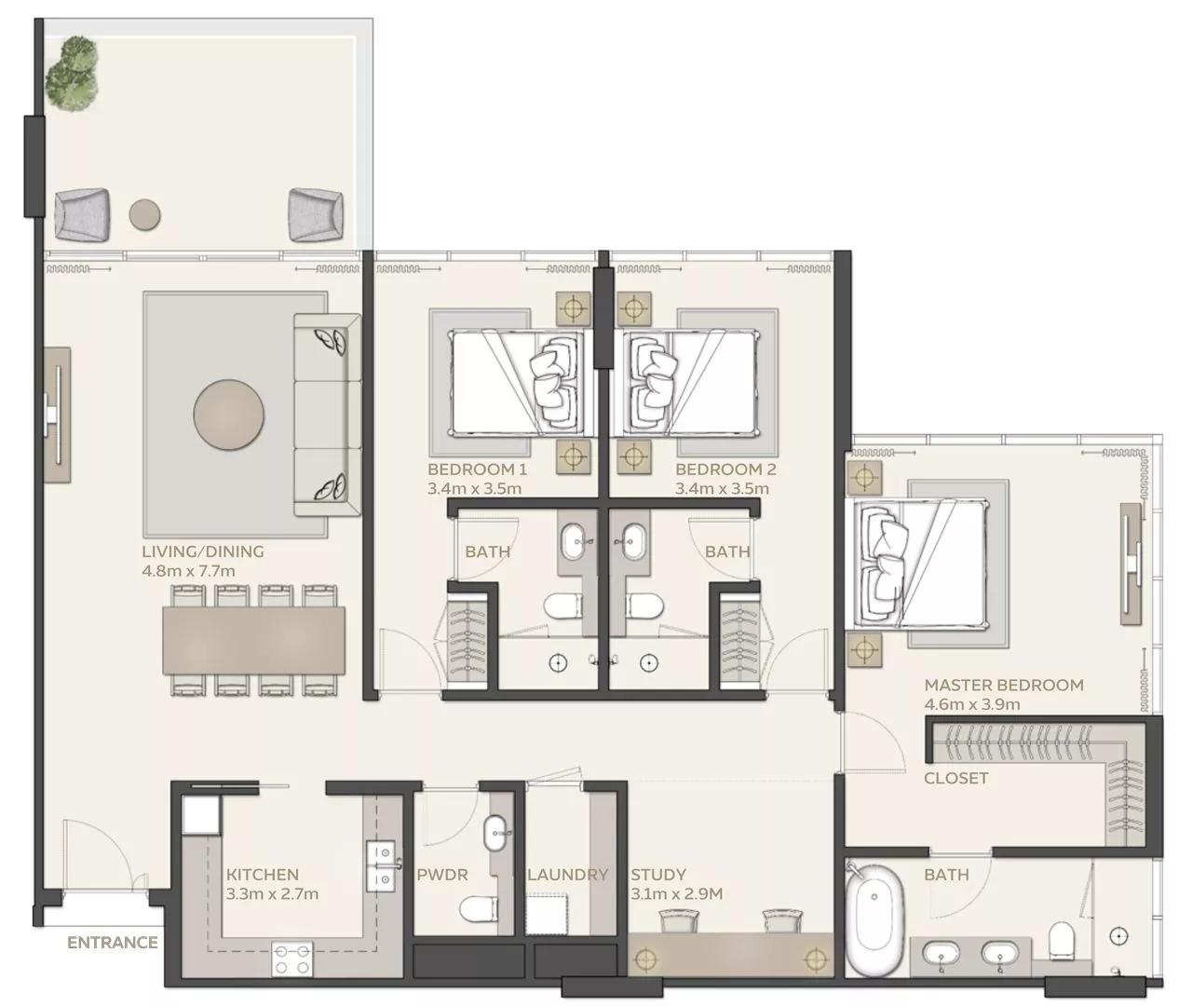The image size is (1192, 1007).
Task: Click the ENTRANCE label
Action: point(113,942)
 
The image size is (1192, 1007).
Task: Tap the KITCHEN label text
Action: point(262,875)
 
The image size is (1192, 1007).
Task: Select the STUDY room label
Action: point(658,875)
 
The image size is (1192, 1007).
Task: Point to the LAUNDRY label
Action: point(568,875)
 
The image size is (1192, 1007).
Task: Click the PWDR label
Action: point(442,875)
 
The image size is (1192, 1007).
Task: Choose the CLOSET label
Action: point(956,778)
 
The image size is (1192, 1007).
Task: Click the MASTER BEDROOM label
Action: point(1004,685)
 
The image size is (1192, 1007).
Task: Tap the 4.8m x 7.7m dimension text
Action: point(188,571)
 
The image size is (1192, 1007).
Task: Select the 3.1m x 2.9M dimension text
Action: point(677,894)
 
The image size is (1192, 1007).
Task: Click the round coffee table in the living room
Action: point(229,415)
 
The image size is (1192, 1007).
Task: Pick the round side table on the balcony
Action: point(145,215)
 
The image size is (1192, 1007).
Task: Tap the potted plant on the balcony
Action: point(72,73)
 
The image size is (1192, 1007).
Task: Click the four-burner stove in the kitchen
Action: point(292,959)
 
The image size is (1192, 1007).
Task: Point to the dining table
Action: point(253,640)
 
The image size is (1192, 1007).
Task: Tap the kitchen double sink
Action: point(380,865)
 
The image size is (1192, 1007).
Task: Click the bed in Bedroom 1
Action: point(518,383)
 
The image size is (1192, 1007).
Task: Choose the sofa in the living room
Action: point(327,415)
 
